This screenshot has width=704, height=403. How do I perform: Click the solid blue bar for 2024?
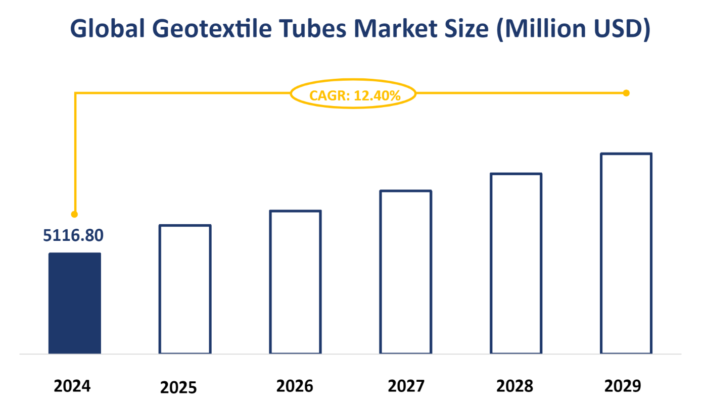[74, 303]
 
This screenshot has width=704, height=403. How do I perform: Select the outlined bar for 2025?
[185, 289]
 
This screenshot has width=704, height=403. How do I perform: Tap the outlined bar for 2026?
[295, 282]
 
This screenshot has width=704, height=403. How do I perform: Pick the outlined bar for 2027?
[406, 272]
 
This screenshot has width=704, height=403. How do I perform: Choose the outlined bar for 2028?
[516, 263]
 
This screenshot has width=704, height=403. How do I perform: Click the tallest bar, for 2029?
[626, 253]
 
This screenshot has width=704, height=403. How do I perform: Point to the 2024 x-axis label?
[72, 386]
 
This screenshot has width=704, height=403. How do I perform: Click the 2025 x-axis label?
[178, 388]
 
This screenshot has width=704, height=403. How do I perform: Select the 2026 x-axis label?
[295, 386]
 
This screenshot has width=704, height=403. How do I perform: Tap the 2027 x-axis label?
[406, 386]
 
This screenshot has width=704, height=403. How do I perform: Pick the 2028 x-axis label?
[514, 386]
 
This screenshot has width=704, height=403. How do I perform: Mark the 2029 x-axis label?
[623, 386]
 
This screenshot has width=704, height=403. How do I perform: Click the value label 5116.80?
[73, 235]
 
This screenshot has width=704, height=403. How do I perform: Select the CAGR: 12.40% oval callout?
[353, 94]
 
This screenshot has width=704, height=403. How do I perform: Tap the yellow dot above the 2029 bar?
[626, 93]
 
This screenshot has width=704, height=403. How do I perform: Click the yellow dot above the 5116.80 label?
[74, 214]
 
